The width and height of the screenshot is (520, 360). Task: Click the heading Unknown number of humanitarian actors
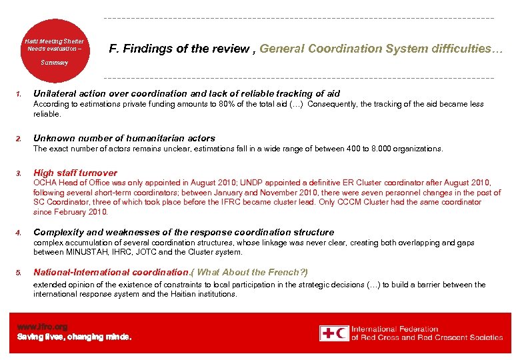click(x=124, y=139)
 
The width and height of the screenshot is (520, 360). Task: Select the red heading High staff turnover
click(x=75, y=173)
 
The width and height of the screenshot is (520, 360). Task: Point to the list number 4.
click(x=19, y=233)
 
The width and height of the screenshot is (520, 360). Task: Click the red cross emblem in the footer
click(x=327, y=333)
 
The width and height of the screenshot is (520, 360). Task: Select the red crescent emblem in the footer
click(x=342, y=333)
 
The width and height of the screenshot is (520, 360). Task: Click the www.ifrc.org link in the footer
click(x=42, y=327)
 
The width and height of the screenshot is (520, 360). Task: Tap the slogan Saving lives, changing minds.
click(x=74, y=337)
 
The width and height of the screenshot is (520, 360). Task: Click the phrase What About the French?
click(x=252, y=272)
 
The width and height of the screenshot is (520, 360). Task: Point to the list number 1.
click(x=19, y=94)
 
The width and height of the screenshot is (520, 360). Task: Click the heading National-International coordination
click(x=111, y=272)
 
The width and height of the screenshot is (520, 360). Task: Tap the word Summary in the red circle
click(x=54, y=62)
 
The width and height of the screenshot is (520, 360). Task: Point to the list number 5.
click(x=19, y=273)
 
